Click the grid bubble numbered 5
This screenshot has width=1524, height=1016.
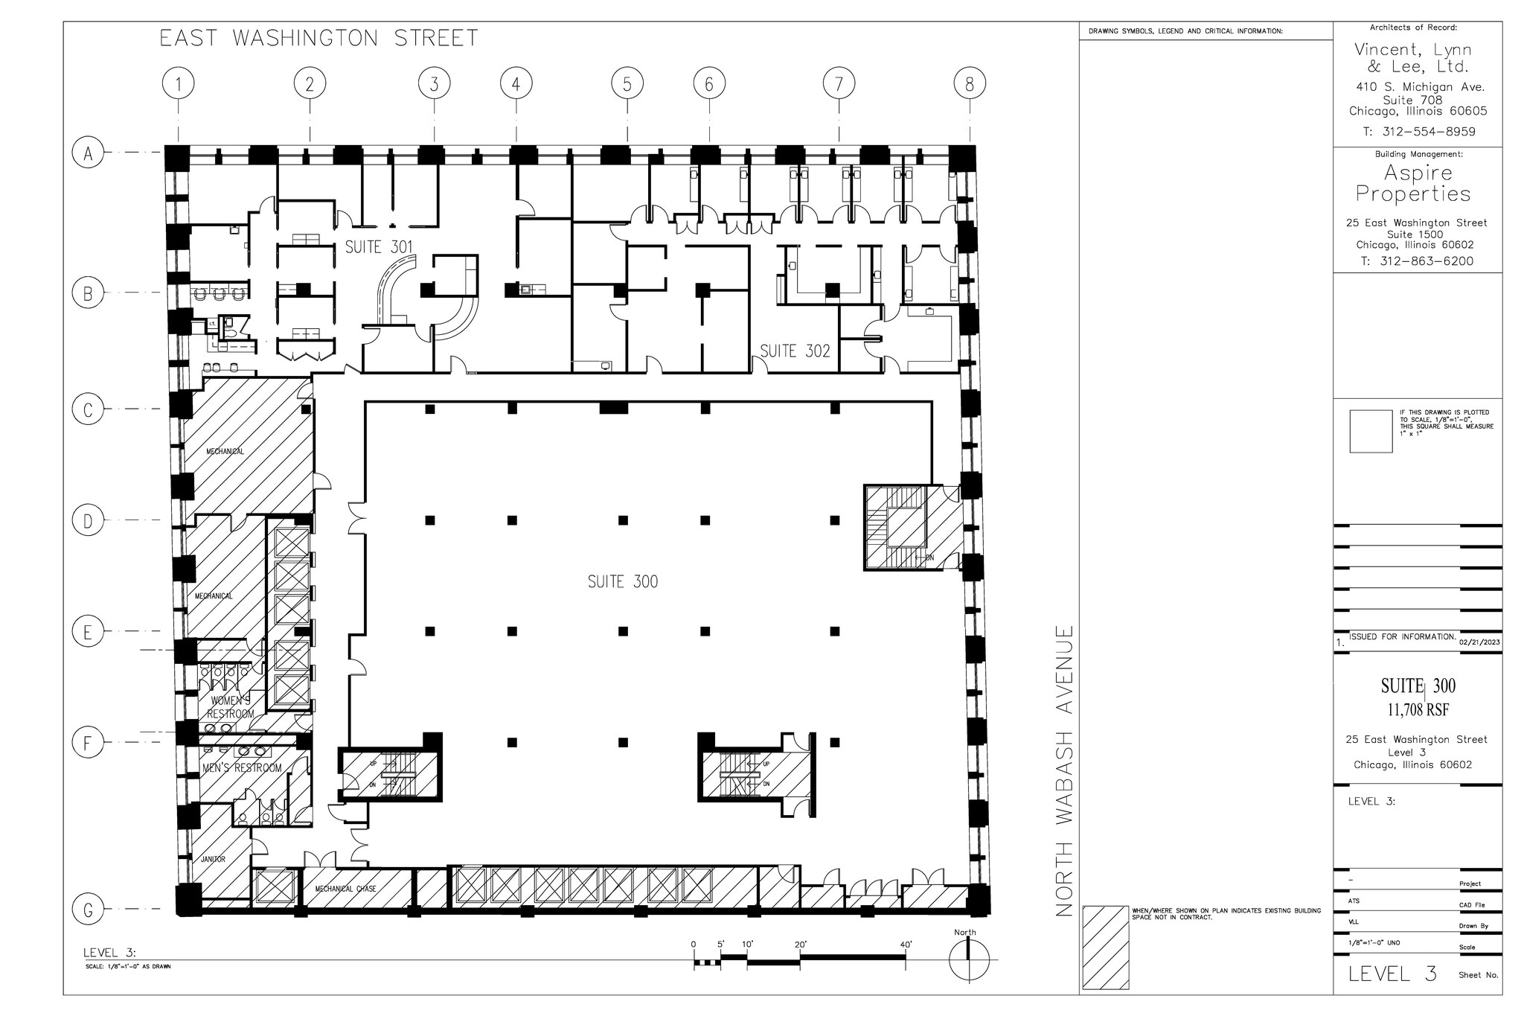pos(627,84)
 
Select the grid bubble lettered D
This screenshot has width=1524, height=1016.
pos(88,521)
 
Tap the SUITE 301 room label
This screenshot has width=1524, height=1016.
pos(379,246)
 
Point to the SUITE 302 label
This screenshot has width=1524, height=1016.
pos(794,351)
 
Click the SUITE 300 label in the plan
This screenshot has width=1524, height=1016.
pos(623,582)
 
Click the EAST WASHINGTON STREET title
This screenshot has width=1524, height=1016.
pos(318,38)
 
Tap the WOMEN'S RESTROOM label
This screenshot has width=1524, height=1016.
pos(231,707)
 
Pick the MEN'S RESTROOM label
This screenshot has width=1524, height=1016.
pos(242,767)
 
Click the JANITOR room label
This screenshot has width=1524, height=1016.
pos(213,859)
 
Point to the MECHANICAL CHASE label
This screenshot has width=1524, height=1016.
pos(345,889)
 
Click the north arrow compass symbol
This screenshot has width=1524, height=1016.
pos(969,960)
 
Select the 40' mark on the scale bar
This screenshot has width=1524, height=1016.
pos(905,945)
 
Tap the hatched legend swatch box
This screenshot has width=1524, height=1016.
pos(1104,948)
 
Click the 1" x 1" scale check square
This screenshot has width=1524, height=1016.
pos(1370,431)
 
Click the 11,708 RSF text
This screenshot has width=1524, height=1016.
pos(1418,710)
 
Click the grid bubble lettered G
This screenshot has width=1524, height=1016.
pos(88,910)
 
